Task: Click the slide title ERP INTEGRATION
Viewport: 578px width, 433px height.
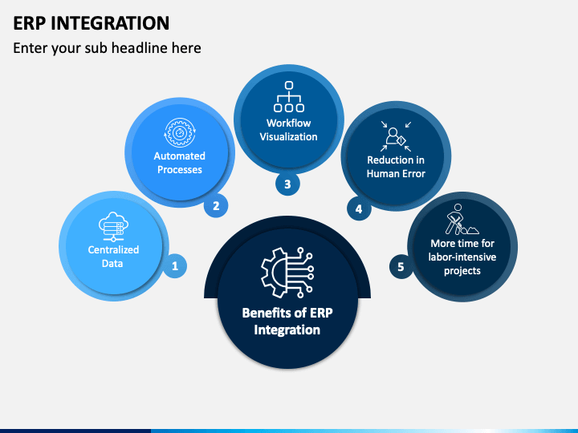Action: point(91,23)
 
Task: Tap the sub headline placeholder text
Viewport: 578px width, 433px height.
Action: point(107,48)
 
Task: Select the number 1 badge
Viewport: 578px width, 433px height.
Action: point(175,266)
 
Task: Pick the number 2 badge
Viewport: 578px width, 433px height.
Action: point(216,205)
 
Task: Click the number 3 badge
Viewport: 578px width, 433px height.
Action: point(287,184)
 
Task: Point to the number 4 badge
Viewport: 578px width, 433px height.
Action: point(359,208)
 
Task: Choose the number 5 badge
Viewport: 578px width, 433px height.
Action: point(401,266)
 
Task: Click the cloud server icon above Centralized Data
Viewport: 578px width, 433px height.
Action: point(113,226)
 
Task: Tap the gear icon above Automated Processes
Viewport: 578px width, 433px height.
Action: point(180,132)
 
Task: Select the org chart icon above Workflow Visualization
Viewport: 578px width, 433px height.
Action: point(289,96)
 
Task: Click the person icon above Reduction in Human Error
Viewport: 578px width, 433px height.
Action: point(396,136)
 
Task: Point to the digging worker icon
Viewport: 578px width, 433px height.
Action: point(461,220)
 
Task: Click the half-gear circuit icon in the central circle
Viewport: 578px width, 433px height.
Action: point(287,273)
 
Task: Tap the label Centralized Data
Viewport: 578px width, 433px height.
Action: point(113,257)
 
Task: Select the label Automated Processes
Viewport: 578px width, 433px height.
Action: point(180,163)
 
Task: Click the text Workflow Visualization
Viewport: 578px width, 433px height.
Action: point(289,130)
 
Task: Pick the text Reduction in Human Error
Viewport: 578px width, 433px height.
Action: point(396,167)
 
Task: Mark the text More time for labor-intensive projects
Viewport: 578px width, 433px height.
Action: point(462,257)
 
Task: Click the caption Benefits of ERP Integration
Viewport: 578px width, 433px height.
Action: point(287,321)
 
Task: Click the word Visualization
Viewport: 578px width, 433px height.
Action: point(289,136)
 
